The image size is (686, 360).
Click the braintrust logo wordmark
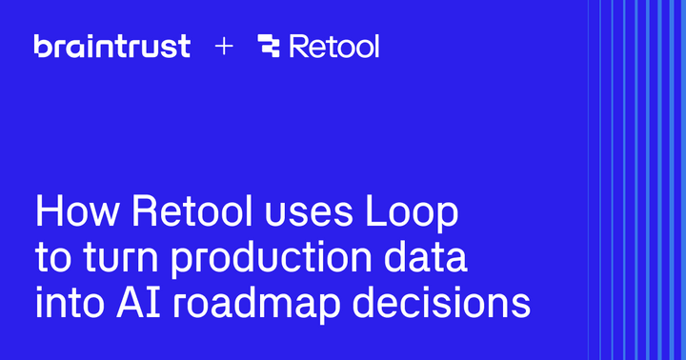112,46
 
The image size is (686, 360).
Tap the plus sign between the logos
224,46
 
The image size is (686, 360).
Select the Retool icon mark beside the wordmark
270,46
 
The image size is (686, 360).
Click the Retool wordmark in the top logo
334,46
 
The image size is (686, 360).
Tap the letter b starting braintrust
41,45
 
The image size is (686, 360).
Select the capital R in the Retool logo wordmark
298,46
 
